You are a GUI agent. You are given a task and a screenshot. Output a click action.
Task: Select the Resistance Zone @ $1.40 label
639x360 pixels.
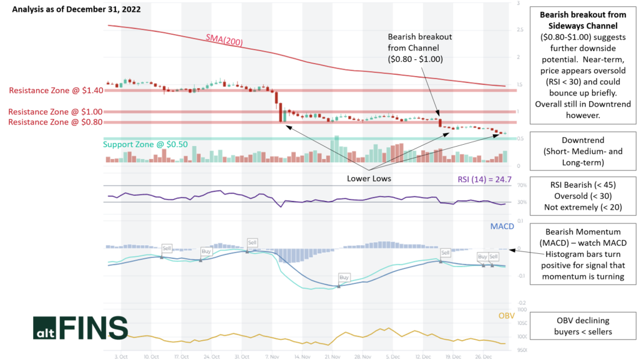[53, 90]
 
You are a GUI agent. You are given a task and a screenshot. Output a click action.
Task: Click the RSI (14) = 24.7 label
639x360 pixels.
[485, 180]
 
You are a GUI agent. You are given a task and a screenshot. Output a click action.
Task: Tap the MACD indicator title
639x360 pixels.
[502, 226]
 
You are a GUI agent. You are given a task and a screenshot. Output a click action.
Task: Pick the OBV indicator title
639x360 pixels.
[506, 316]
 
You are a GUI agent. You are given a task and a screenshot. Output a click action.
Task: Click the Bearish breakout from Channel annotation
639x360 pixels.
[419, 47]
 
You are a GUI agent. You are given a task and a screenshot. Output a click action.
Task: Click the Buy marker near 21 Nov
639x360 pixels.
[344, 276]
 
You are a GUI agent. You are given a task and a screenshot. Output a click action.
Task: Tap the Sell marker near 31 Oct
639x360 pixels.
[252, 242]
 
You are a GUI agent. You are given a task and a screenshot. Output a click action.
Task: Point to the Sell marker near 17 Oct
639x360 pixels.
[167, 248]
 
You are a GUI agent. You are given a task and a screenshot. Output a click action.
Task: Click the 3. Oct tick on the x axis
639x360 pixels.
[122, 357]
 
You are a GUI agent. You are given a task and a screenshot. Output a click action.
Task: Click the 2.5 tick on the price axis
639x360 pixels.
[520, 30]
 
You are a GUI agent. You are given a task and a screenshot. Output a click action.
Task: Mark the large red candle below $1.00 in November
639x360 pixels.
[280, 112]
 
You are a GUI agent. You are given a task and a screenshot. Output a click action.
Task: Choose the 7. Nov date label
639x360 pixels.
[271, 357]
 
